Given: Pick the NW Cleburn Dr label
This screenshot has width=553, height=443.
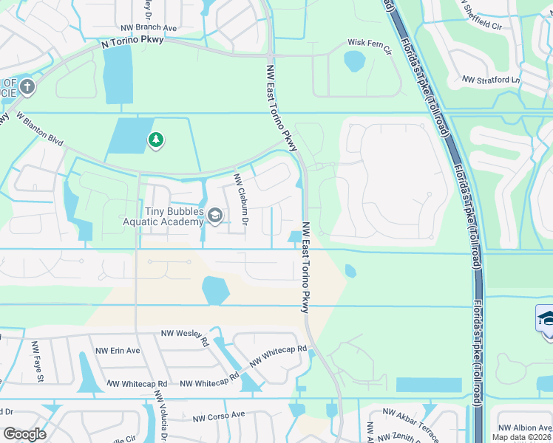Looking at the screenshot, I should click(241, 199).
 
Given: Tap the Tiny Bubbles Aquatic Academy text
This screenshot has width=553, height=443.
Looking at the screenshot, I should click(163, 216).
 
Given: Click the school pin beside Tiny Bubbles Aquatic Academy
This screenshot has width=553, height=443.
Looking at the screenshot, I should click(215, 216).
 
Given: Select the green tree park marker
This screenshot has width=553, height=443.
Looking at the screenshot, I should click(155, 140).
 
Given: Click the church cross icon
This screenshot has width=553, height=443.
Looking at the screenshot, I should click(27, 87).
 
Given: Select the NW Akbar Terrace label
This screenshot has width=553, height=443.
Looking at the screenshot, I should click(410, 415).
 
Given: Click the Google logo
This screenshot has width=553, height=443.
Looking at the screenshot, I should click(26, 433).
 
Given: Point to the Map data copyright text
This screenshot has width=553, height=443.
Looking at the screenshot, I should click(522, 437).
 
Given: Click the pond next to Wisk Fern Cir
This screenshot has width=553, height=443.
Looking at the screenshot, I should click(354, 61).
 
